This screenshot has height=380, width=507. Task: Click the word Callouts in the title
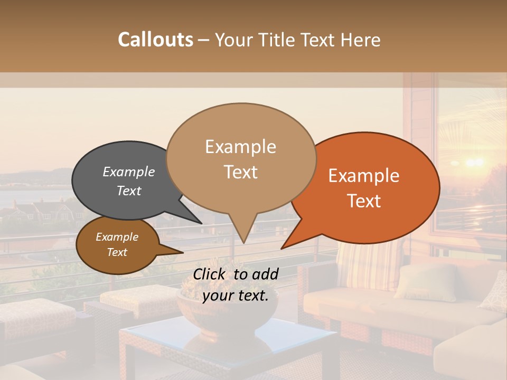pos(155,40)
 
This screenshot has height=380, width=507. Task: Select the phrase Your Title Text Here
pos(297,40)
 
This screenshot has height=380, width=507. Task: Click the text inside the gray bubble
pos(128,181)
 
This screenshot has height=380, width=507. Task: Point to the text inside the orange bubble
pos(364,188)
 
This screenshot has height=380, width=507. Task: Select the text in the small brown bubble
pos(117,244)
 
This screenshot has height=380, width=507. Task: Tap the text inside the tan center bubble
pos(241,159)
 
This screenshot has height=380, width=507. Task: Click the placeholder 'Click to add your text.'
pos(236,284)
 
